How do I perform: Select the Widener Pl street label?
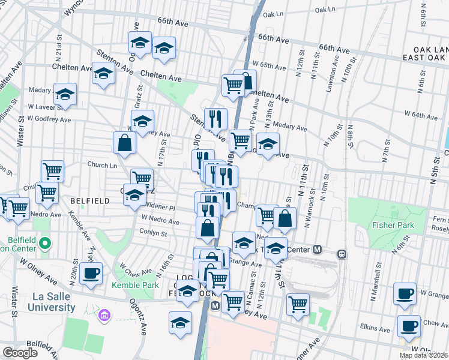coord(159,207)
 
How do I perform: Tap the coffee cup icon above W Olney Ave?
coord(92,273)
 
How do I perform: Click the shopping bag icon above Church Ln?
coord(124,143)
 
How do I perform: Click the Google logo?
coord(20,353)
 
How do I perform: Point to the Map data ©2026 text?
coord(423,355)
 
